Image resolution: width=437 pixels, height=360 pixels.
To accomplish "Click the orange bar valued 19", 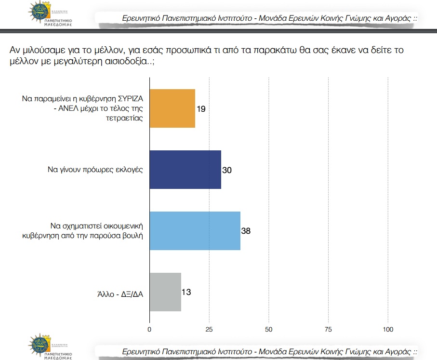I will click(x=172, y=108).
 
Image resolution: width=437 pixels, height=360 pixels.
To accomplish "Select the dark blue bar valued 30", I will click(x=185, y=170).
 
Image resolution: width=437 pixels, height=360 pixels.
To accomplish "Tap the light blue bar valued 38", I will click(x=195, y=231).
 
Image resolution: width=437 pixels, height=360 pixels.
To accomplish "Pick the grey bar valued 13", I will click(x=165, y=292).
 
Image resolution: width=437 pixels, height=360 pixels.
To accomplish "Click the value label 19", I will click(x=201, y=109).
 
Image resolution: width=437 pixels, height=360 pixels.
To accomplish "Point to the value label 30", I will click(x=227, y=170).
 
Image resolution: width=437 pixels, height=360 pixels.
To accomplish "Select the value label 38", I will click(x=246, y=231).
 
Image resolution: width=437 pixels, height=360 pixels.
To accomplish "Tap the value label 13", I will click(x=187, y=292).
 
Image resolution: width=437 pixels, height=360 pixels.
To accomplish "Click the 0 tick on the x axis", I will click(x=149, y=330).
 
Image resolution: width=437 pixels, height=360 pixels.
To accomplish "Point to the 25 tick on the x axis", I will click(x=209, y=330).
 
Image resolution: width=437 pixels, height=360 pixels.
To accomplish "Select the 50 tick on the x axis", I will click(x=269, y=330).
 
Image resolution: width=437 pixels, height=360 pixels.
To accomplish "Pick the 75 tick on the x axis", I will click(x=329, y=330).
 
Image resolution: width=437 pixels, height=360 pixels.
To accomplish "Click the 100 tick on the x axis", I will click(x=388, y=330).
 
